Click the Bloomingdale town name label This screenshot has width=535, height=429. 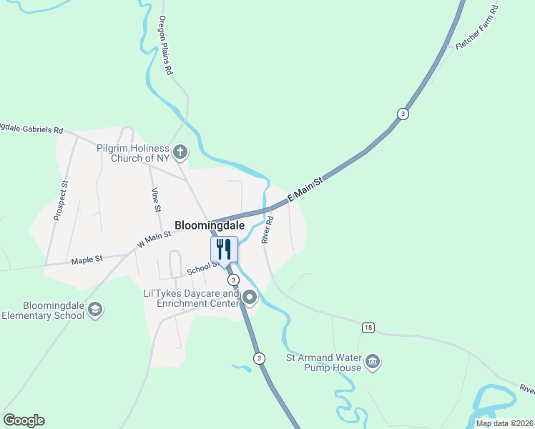[210, 225]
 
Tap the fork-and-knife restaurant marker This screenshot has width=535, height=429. [224, 250]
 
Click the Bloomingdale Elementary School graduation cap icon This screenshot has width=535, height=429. [96, 310]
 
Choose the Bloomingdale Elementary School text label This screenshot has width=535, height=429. [44, 310]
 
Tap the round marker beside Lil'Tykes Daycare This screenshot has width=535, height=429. [250, 297]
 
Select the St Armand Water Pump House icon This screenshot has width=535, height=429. [373, 362]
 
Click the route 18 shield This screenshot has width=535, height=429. [368, 327]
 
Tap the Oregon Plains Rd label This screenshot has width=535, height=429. [166, 46]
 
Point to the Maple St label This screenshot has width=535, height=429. [87, 260]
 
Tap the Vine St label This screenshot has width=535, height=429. [154, 199]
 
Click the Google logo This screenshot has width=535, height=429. [24, 420]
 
